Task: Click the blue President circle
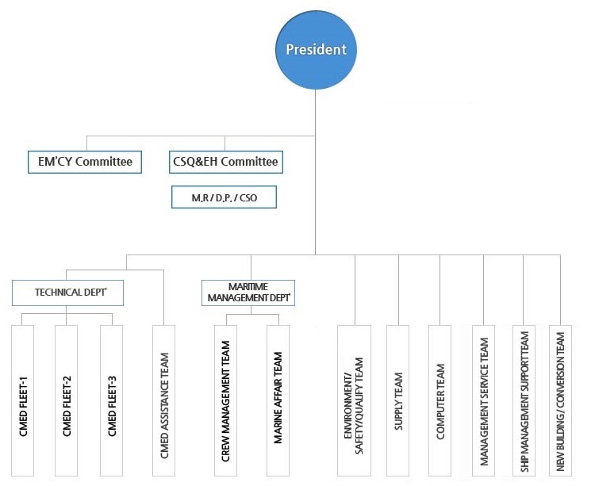(316, 50)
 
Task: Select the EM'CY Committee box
(85, 162)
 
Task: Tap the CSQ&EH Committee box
(226, 162)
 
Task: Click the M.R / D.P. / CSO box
(224, 197)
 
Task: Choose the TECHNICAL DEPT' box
(67, 293)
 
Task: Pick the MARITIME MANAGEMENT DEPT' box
(248, 293)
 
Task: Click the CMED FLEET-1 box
(22, 400)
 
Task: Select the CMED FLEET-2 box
(66, 400)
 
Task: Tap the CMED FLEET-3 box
(112, 400)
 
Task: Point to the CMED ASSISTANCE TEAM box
(164, 400)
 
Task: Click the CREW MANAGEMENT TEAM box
(226, 400)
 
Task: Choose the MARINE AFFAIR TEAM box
(278, 400)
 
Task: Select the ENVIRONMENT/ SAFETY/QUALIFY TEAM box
(354, 400)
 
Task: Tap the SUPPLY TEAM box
(398, 400)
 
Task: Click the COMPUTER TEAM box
(440, 400)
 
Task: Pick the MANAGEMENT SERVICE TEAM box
(483, 400)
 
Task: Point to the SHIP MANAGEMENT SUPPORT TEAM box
(524, 400)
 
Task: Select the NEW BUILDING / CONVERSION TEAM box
(560, 400)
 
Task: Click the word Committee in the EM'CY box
(104, 162)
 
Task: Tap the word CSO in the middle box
(248, 198)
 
